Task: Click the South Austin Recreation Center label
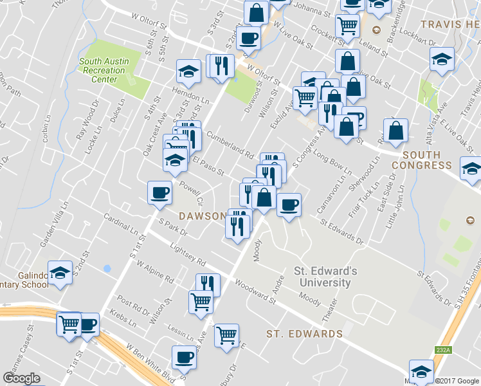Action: pos(104,71)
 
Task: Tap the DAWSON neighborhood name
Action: pos(202,216)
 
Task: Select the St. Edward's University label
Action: pos(322,277)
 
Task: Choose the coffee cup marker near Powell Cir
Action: pos(159,192)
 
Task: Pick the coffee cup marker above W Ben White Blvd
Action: pos(183,356)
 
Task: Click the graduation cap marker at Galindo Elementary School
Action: pos(60,274)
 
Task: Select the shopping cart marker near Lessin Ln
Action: pos(226,335)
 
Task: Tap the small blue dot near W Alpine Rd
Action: pos(107,268)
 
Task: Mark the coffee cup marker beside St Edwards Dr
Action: pos(289,204)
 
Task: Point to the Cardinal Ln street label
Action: pos(120,224)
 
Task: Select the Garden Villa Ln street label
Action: pos(54,226)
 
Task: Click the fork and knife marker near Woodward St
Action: pos(207,284)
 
